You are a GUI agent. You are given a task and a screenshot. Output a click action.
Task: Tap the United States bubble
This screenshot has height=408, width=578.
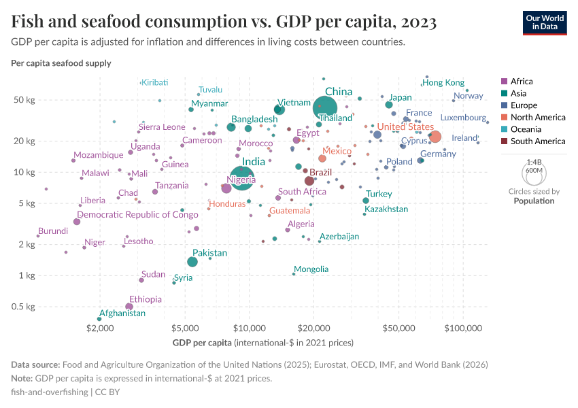click(x=435, y=137)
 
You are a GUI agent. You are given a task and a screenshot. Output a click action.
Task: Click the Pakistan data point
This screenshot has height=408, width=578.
click(x=192, y=262)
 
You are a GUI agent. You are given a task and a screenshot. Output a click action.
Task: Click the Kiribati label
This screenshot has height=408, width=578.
click(x=154, y=82)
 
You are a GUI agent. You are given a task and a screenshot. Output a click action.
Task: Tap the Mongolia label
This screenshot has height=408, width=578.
click(x=311, y=269)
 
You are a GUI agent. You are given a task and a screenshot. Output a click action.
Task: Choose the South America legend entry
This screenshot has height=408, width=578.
click(x=538, y=141)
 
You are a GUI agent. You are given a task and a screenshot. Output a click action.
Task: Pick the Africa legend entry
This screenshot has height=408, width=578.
click(x=522, y=81)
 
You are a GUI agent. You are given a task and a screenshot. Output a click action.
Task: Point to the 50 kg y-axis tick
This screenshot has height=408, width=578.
click(x=25, y=100)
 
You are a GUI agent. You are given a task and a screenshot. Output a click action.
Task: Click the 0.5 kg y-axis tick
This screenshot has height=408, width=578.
click(x=24, y=307)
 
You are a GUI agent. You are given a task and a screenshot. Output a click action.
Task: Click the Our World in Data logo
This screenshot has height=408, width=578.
click(x=545, y=22)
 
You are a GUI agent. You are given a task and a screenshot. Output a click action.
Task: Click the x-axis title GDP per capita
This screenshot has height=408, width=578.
click(x=202, y=342)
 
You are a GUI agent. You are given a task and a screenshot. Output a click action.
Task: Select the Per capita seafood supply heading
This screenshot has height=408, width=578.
click(x=61, y=63)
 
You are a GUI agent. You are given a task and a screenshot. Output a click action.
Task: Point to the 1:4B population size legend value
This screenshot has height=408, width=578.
click(x=534, y=163)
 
